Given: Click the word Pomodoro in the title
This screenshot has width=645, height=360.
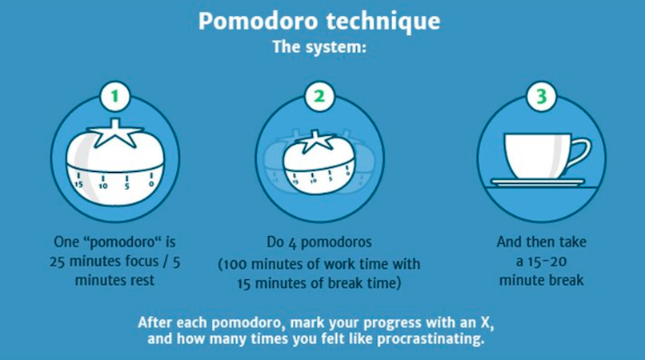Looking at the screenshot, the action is point(258,21).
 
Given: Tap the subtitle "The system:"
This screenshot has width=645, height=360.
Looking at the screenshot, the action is point(319,47).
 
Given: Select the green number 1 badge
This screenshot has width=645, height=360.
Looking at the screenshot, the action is point(114,96).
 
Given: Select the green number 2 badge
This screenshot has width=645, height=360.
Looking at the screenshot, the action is point(319,96).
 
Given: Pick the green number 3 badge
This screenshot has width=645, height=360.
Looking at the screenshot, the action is point(541,96).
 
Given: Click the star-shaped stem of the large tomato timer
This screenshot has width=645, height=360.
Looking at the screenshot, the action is point(114,134).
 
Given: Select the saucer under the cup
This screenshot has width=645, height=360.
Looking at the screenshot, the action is point(538,182).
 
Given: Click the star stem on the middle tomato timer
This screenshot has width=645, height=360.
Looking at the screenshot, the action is point(318,142).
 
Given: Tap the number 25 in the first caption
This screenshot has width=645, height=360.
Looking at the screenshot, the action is point(57,262).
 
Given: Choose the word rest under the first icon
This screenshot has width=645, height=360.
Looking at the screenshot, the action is point(142,281).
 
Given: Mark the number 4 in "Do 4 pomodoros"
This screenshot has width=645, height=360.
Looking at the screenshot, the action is point(292,242).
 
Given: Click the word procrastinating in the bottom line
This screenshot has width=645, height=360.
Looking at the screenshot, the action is point(431,339).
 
